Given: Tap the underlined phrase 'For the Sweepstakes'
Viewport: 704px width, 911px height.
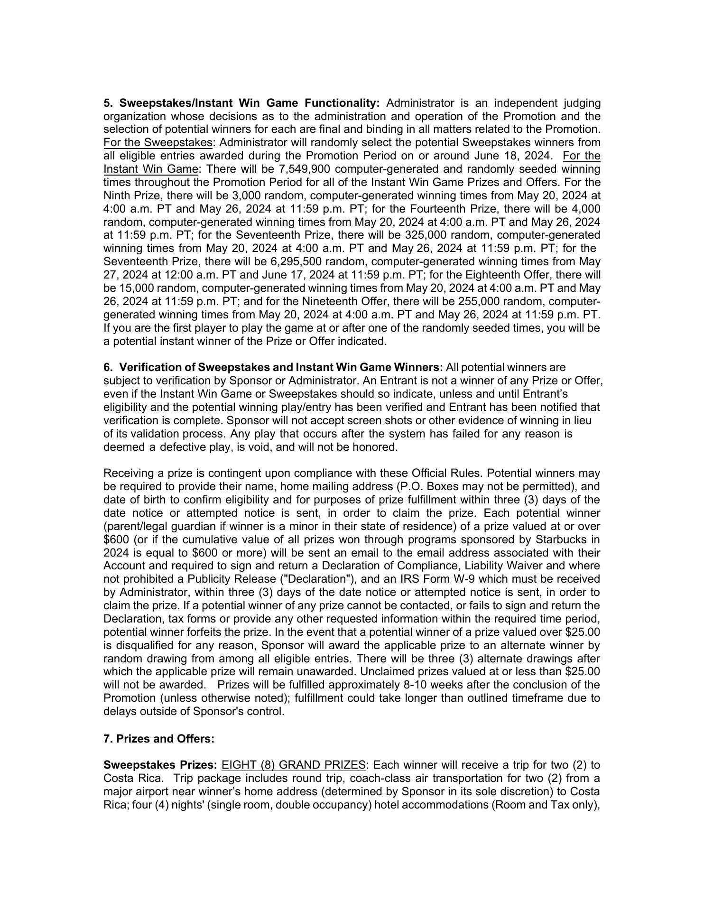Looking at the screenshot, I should click(157, 143).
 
